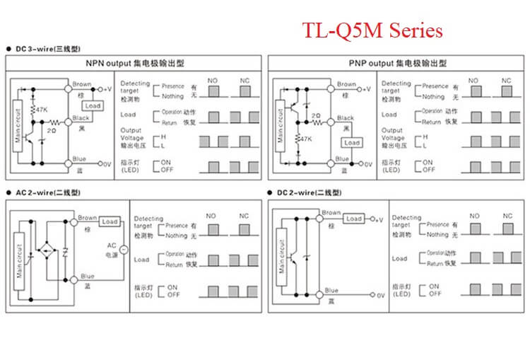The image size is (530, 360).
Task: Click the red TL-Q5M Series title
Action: pos(373,31)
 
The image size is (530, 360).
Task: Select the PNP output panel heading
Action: pos(397,63)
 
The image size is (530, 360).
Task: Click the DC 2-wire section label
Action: pos(311,192)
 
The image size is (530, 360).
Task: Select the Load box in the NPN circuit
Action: pos(93,106)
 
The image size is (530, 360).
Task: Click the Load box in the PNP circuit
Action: pos(352,142)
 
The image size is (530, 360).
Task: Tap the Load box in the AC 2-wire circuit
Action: pos(110,221)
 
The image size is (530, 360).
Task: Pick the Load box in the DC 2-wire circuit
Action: pos(354,219)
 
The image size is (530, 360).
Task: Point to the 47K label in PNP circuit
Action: pos(306,140)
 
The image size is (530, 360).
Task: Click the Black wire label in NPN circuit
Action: pos(81,118)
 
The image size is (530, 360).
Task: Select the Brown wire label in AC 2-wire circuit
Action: pos(88,218)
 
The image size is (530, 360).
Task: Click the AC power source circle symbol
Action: pos(124,250)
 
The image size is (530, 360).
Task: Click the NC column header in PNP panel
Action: pos(507,81)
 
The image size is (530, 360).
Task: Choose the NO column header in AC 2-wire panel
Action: pos(211,216)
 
